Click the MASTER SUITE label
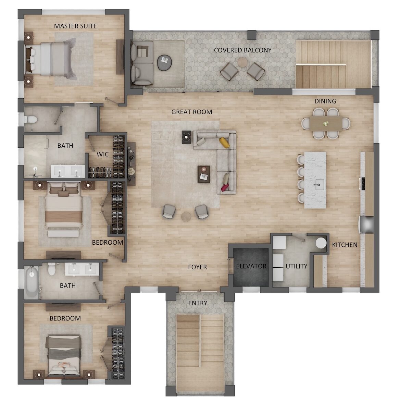[x=75, y=26]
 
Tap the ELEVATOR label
[x=251, y=266]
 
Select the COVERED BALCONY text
[x=242, y=50]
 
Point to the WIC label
[x=102, y=154]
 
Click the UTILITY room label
[x=297, y=266]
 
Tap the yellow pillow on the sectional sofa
[x=224, y=143]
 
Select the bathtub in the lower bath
[x=32, y=282]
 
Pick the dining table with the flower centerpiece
[x=326, y=123]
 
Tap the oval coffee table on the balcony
[x=164, y=62]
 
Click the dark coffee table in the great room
[x=204, y=174]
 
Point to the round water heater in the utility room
[x=321, y=243]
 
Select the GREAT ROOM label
[x=192, y=112]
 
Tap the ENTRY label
[x=198, y=303]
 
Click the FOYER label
[x=197, y=267]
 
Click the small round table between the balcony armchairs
[x=242, y=62]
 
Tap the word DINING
[x=325, y=101]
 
